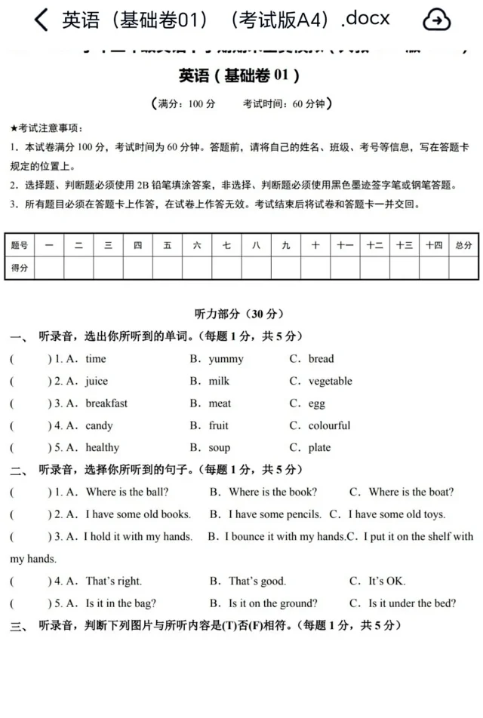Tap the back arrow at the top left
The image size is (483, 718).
tap(42, 20)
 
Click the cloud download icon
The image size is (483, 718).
tap(436, 20)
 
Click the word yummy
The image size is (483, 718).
tap(226, 359)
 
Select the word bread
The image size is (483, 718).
tap(321, 359)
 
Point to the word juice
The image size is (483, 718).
tap(97, 381)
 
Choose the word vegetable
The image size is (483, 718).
tap(330, 381)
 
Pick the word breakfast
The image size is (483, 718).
tap(106, 403)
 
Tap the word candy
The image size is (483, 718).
tap(99, 425)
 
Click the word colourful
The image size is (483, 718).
tap(329, 425)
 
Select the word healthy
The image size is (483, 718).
tap(102, 447)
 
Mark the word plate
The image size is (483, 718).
tap(319, 447)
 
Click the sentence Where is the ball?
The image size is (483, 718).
tap(127, 492)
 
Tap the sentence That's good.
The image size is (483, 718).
tap(257, 581)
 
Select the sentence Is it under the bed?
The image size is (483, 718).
tap(412, 603)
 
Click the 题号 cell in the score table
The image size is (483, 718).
tap(20, 245)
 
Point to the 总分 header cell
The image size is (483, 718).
tap(463, 245)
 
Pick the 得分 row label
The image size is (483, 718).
tap(20, 268)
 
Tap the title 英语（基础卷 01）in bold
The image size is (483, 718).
tap(239, 75)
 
